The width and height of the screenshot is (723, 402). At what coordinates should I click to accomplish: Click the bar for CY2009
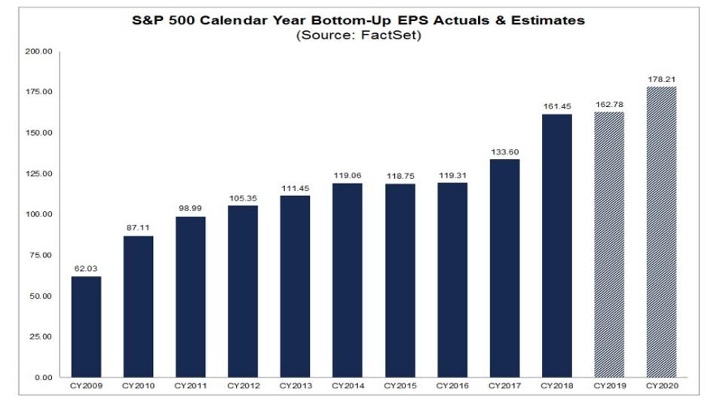(x=86, y=327)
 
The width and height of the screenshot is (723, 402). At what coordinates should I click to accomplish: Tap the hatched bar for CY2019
(x=609, y=244)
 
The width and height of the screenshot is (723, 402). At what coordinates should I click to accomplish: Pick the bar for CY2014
(x=348, y=280)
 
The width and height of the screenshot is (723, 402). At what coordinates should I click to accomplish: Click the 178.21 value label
(x=661, y=78)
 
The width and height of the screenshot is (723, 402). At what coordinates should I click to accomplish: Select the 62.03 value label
(x=86, y=268)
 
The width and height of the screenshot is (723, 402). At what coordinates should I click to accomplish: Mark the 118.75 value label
(x=400, y=176)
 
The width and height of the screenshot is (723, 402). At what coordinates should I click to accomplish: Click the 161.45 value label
(x=557, y=106)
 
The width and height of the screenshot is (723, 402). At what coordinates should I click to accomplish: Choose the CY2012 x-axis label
(x=243, y=386)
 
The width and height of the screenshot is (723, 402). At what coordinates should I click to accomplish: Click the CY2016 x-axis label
(x=452, y=386)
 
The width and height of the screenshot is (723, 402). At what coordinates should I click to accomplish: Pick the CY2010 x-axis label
(x=138, y=386)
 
